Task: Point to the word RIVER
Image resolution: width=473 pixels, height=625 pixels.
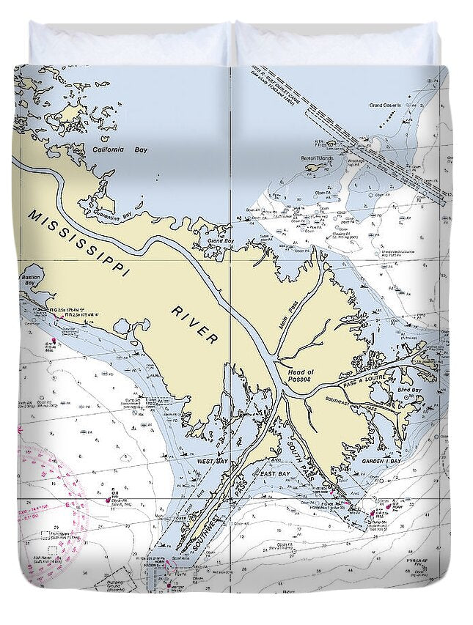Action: pos(194,325)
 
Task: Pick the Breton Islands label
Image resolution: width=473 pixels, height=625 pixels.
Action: pos(317,158)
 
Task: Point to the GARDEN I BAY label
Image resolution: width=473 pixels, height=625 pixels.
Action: pos(381,462)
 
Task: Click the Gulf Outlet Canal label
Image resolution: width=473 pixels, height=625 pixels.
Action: pos(286,81)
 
